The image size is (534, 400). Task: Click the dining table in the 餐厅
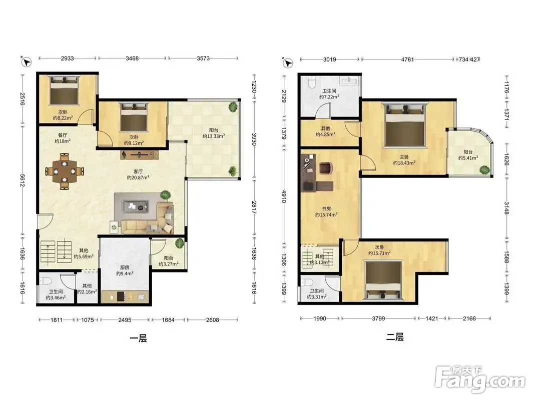point(65,171)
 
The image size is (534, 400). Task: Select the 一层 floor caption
point(138,338)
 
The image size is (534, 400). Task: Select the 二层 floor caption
point(395,337)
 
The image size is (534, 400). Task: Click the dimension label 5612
point(23,180)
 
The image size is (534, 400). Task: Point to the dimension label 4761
point(407,59)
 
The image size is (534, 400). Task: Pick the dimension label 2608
point(213,319)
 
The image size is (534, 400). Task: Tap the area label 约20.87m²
point(138,177)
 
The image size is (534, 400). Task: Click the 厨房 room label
point(125,267)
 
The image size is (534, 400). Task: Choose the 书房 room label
point(326,209)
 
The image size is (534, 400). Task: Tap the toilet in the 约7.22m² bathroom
point(311,81)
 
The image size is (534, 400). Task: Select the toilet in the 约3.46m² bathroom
point(46,280)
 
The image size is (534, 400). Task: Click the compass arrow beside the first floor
point(26,61)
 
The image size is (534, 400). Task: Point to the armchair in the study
point(326,167)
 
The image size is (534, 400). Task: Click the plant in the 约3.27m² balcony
point(179,243)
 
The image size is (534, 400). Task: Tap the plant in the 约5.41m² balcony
point(484,169)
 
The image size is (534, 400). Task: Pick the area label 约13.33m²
point(214,136)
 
